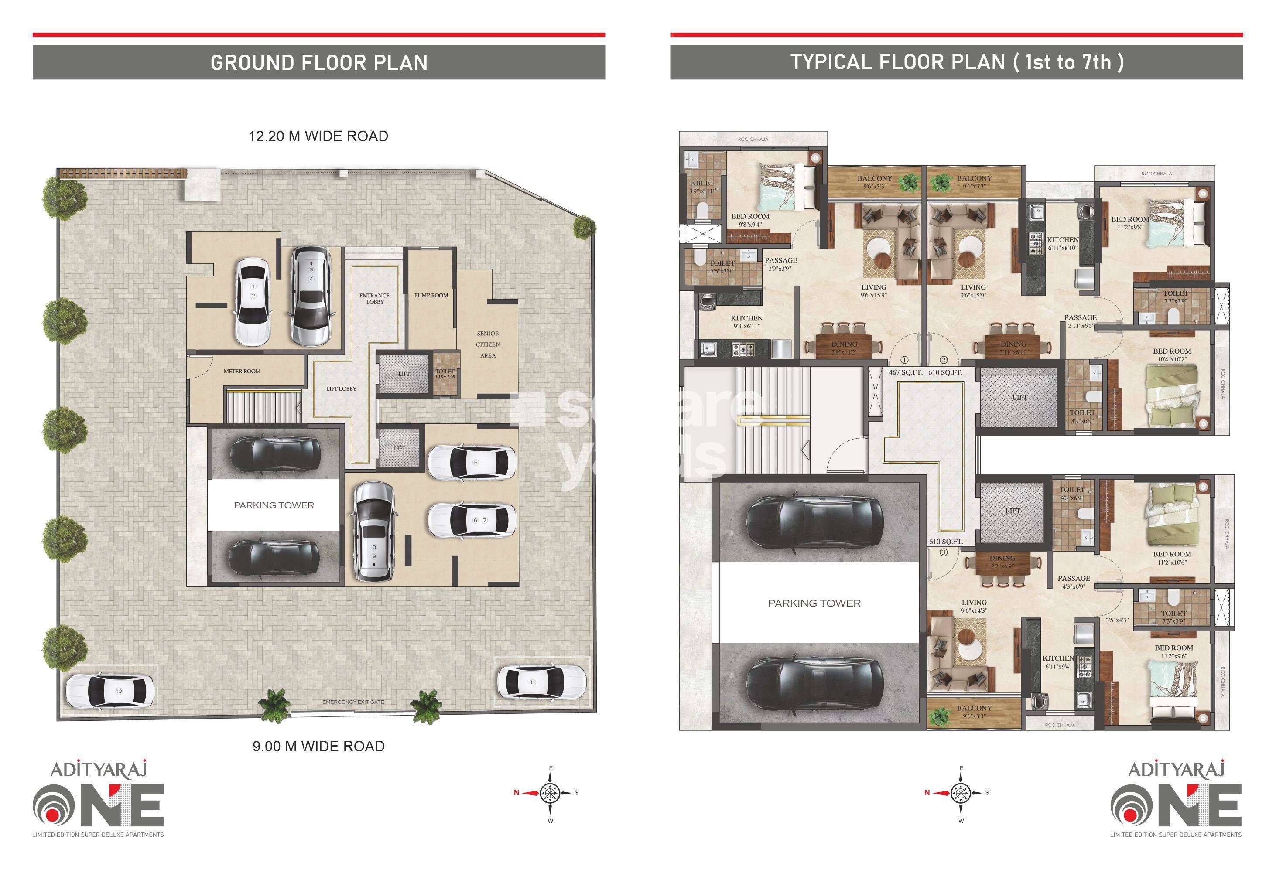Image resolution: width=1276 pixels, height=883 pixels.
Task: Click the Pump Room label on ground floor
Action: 431,296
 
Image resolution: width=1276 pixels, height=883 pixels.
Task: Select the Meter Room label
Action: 242,371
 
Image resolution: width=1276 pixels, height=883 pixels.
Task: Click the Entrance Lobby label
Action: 375,299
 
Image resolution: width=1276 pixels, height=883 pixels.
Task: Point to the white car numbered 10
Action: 109,690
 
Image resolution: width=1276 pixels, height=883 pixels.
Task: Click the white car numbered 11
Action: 541,682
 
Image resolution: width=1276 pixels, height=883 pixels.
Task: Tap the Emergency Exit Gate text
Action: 353,702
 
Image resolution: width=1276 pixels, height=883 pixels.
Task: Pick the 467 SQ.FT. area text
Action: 905,372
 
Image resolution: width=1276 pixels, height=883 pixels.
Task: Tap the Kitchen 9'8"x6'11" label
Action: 746,322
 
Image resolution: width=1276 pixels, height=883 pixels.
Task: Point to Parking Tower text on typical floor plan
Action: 814,603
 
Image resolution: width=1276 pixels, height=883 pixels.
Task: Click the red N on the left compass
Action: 516,793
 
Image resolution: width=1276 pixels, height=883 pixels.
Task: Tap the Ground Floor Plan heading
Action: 319,62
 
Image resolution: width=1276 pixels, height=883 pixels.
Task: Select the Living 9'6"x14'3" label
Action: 974,607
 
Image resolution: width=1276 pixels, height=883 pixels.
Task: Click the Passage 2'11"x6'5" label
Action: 1080,321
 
